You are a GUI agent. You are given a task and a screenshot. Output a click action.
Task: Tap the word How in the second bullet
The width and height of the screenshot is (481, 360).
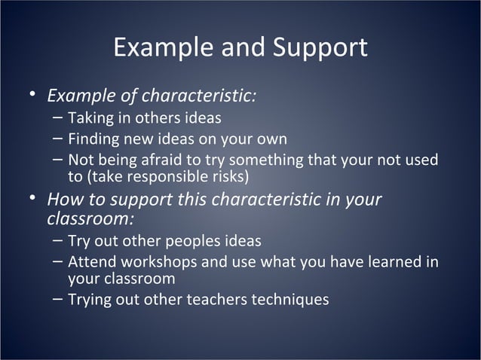63,200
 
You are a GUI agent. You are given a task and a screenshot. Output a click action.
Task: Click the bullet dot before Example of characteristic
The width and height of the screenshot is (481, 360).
32,96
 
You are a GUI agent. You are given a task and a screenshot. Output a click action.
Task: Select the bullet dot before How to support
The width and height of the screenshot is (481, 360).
32,200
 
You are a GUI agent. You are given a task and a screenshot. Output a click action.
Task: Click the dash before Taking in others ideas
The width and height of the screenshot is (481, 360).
59,118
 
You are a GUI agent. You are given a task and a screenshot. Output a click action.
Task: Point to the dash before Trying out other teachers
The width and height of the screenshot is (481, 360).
59,300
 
